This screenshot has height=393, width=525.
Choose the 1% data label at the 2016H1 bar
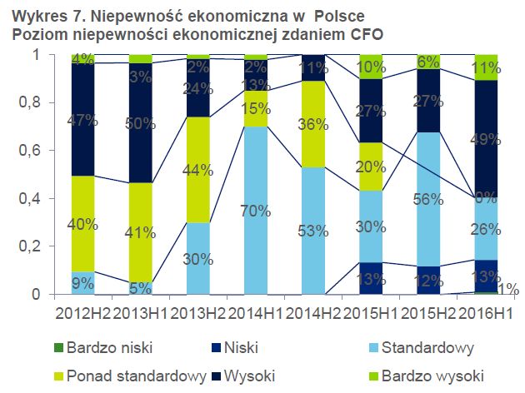click(x=509, y=290)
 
